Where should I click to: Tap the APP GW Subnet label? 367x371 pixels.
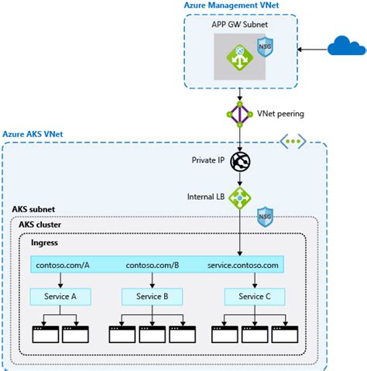pos(241,25)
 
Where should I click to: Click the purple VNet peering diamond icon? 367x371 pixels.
pos(241,113)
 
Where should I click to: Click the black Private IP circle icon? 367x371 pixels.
pos(241,161)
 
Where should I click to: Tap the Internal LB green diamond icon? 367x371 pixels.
pos(241,198)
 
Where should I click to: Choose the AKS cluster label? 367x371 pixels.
pos(39,225)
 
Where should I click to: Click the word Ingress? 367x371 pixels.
pos(45,242)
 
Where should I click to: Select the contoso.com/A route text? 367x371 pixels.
pos(63,265)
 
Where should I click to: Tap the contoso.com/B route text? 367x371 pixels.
pos(152,265)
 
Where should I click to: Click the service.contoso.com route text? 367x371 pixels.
pos(243,265)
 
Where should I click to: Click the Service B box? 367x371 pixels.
pos(153,296)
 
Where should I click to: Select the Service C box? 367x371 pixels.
pos(255,296)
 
